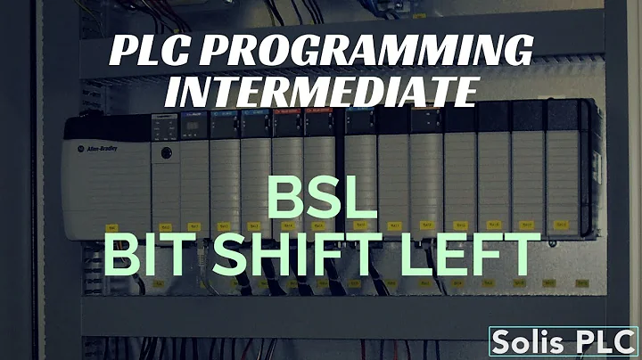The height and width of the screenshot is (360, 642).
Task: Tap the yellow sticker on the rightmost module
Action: click(560, 225)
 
